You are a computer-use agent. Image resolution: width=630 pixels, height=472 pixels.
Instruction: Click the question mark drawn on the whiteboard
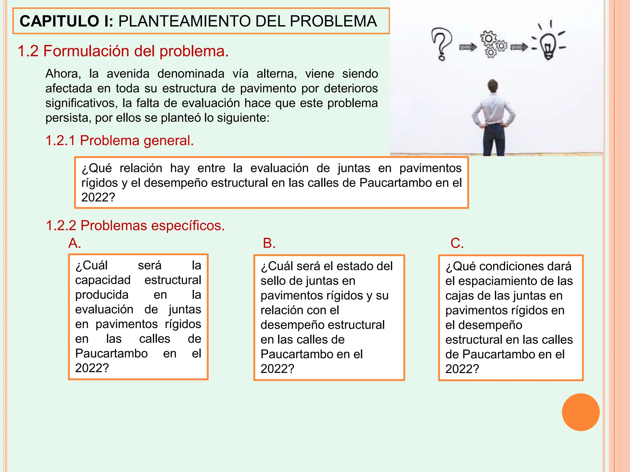pyautogui.click(x=441, y=44)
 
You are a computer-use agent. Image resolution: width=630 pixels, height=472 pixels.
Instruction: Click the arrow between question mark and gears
pyautogui.click(x=468, y=47)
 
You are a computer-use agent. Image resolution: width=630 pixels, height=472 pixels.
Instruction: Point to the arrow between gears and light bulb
pyautogui.click(x=519, y=47)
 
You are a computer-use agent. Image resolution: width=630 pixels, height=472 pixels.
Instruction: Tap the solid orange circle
pyautogui.click(x=580, y=412)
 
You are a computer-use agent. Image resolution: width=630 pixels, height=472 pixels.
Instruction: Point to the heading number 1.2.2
pyautogui.click(x=61, y=226)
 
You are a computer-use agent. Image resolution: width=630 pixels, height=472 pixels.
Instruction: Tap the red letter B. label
pyautogui.click(x=269, y=243)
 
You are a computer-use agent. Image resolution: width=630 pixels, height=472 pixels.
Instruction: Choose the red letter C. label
pyautogui.click(x=457, y=243)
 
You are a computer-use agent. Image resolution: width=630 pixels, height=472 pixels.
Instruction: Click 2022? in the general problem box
pyautogui.click(x=98, y=197)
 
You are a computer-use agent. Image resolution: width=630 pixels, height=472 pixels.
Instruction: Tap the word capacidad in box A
pyautogui.click(x=103, y=280)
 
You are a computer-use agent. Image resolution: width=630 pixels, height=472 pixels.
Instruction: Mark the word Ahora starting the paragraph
pyautogui.click(x=63, y=74)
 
